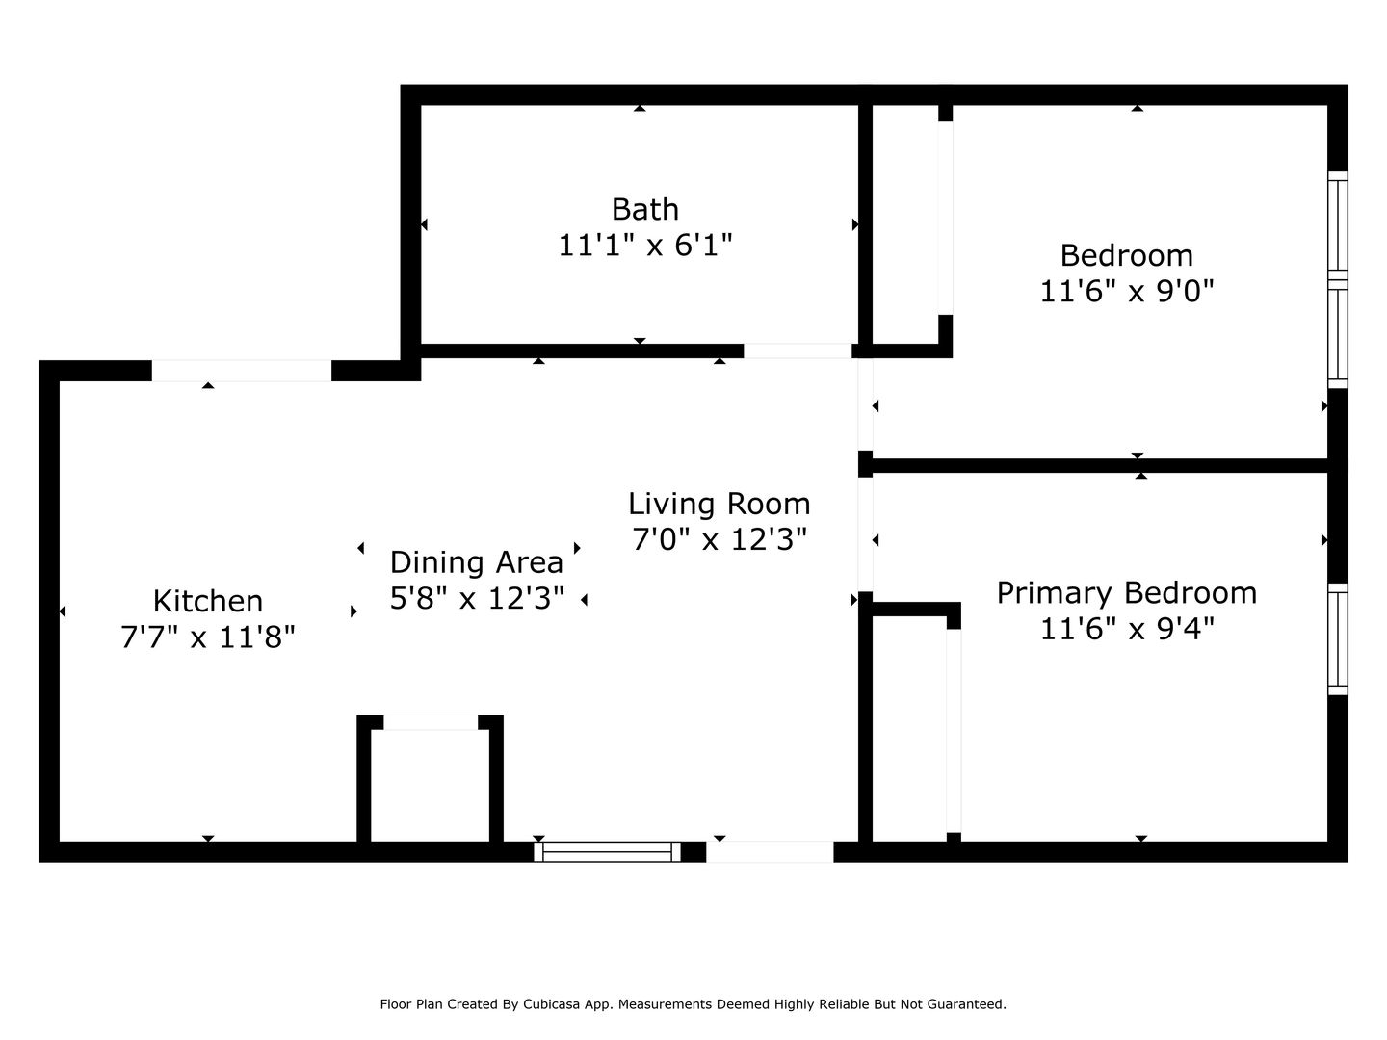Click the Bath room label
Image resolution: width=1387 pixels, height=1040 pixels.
click(x=644, y=209)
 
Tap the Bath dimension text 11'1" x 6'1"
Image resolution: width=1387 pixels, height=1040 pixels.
click(x=644, y=245)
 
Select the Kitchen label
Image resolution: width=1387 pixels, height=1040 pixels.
click(x=208, y=601)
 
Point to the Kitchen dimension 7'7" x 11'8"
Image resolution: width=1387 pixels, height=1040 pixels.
click(x=208, y=637)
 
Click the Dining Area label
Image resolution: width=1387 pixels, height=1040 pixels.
click(x=477, y=562)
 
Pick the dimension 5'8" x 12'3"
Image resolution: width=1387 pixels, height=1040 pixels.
click(x=477, y=598)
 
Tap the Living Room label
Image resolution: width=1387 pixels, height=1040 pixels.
click(x=720, y=504)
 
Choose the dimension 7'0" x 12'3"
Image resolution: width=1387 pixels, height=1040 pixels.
click(x=720, y=540)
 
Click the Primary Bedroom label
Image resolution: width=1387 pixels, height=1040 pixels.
click(x=1127, y=593)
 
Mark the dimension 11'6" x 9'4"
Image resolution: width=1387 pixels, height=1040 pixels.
click(x=1127, y=629)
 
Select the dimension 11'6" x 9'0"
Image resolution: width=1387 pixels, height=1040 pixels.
click(x=1127, y=292)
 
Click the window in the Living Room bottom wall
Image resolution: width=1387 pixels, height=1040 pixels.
click(x=607, y=852)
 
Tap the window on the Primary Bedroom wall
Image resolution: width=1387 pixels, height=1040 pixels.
click(x=1338, y=639)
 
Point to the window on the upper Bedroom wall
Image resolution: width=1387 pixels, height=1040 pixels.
click(x=1338, y=279)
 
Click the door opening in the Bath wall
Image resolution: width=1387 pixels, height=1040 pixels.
click(x=798, y=351)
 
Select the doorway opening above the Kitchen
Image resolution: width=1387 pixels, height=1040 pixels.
click(x=242, y=371)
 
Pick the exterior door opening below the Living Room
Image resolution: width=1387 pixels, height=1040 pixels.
click(x=770, y=852)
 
